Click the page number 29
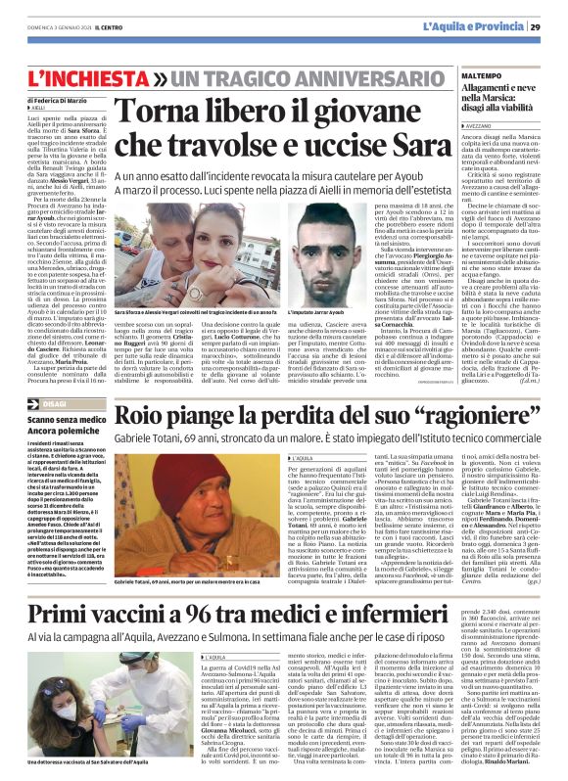(x=550, y=25)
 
